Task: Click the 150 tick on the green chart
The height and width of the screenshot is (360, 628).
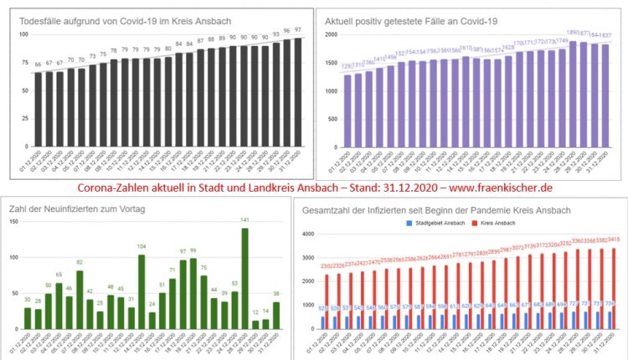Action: [13, 222]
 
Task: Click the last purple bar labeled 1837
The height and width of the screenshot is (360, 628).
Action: [605, 97]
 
